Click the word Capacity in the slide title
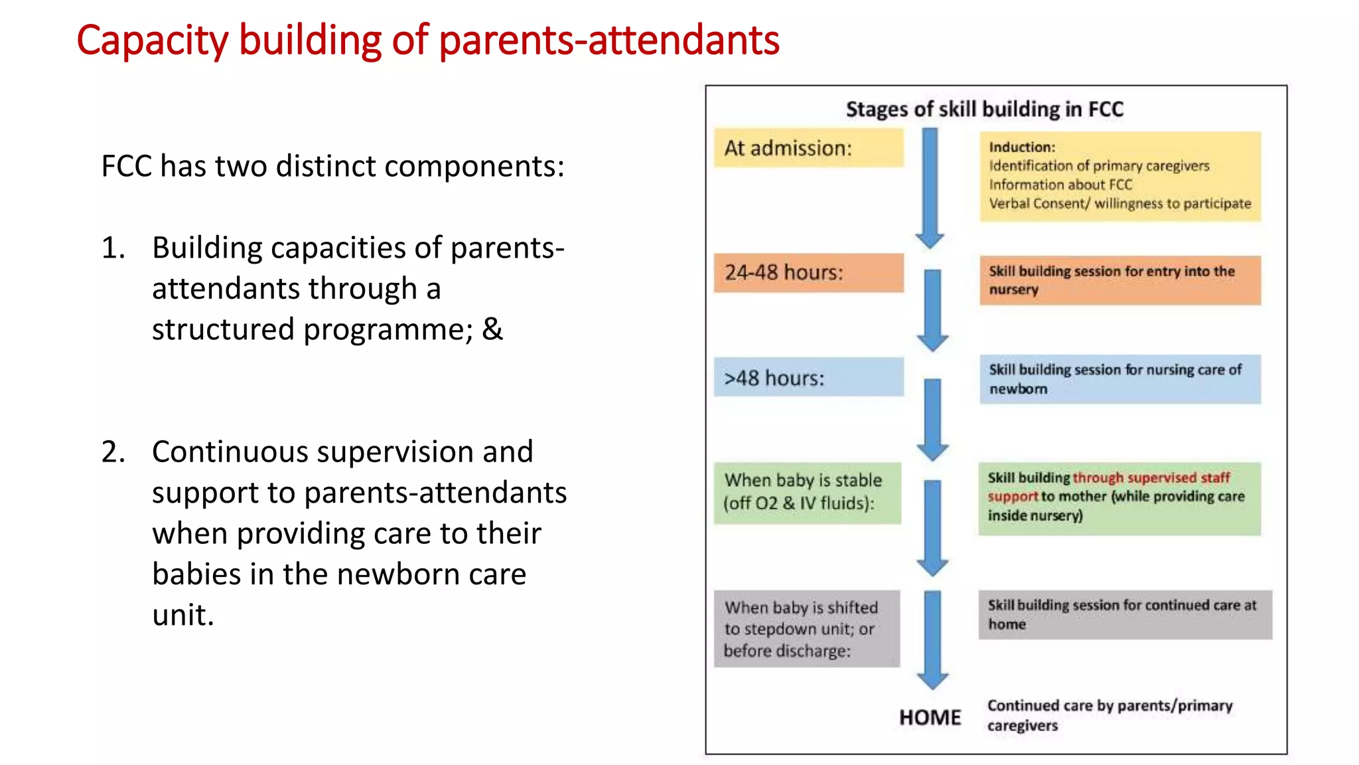coord(152,41)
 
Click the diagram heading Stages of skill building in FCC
coord(984,109)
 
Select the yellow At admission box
coord(808,148)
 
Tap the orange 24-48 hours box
coord(808,272)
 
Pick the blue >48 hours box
coord(808,377)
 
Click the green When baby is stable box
coord(807,492)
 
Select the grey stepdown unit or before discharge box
coord(806,628)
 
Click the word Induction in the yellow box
coord(1021,147)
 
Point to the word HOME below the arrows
coord(930,717)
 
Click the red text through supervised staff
coord(1151,477)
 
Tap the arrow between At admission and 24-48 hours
coord(930,189)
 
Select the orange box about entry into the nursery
coord(1120,280)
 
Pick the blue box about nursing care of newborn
coord(1120,379)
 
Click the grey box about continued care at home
coord(1125,614)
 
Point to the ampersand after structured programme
coord(492,329)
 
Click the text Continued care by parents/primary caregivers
coord(1109,715)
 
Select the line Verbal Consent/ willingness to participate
coord(1119,203)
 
